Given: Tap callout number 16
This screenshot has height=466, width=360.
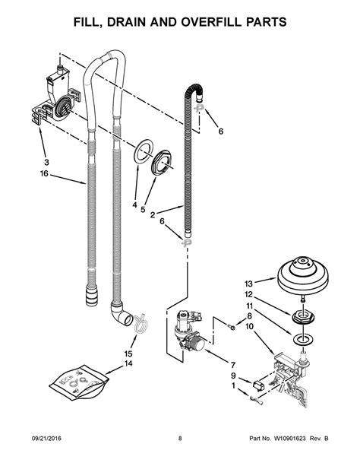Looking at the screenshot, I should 45,174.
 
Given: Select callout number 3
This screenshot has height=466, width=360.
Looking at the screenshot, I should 45,163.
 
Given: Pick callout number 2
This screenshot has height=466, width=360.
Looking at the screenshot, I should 153,215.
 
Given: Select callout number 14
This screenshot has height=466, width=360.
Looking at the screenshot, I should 128,364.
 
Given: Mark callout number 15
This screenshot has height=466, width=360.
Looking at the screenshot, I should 128,353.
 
